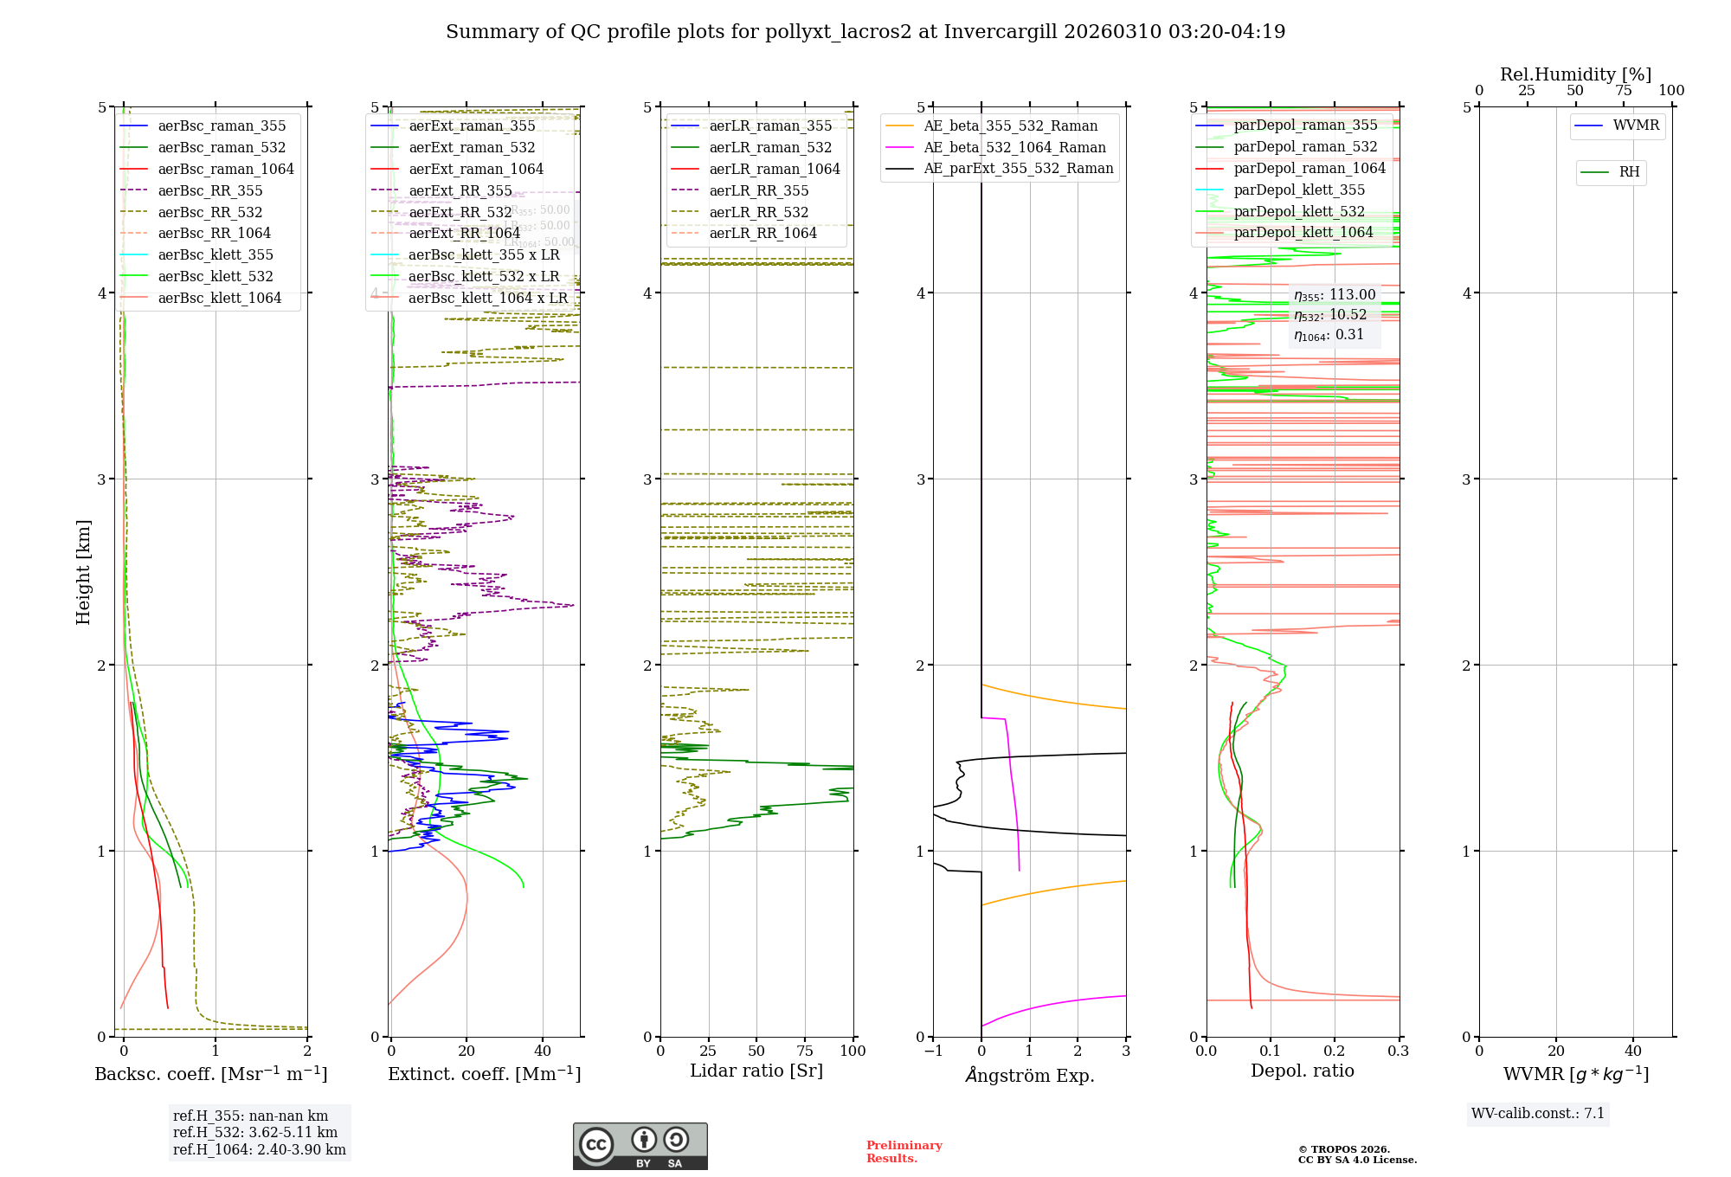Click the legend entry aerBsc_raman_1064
point(225,170)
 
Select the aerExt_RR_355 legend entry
point(460,191)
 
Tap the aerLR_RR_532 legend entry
point(758,213)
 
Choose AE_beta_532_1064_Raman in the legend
point(1014,148)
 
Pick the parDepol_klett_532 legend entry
point(1298,212)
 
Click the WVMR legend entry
point(1636,125)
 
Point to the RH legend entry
point(1629,172)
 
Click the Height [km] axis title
point(83,572)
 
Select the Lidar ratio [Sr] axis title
point(756,1071)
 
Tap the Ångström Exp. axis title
point(1029,1076)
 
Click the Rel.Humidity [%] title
point(1575,74)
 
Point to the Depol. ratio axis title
point(1302,1071)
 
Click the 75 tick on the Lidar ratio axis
point(805,1052)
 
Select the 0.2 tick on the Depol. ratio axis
point(1335,1052)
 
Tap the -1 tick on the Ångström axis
point(932,1052)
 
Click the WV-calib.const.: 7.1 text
point(1537,1114)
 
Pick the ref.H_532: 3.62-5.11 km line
point(254,1133)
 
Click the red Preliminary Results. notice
point(904,1152)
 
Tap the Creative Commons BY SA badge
point(640,1147)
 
